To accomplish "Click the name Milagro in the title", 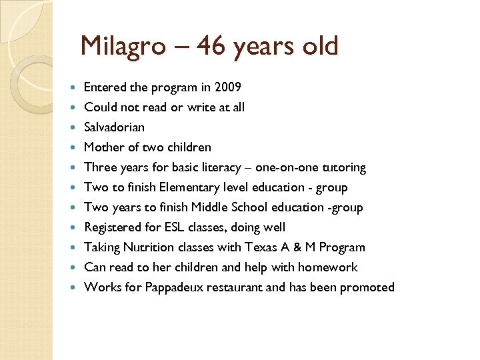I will click(123, 47).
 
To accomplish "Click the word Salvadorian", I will click(114, 127).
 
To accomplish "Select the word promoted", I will click(367, 287).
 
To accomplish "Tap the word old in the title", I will click(319, 47).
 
